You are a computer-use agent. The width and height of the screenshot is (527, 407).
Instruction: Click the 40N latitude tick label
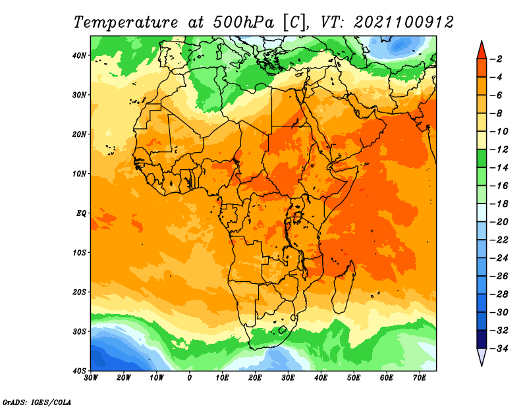coord(79,55)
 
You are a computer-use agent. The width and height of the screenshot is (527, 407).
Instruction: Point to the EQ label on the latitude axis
coord(81,213)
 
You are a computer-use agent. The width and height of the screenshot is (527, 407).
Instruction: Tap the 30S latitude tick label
coord(79,331)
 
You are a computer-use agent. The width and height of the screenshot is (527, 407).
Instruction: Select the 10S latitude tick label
coord(79,252)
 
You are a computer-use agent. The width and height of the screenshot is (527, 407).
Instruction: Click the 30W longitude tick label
coord(91,378)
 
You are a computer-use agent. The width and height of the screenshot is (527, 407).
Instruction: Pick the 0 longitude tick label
coord(190,378)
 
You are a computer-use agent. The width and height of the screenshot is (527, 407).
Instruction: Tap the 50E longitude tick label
coord(354,378)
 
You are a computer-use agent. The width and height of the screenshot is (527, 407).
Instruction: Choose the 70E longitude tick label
coord(420,378)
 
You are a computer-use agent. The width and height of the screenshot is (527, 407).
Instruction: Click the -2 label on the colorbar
coord(496,59)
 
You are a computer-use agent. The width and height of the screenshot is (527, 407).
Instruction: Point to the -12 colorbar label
coord(499,149)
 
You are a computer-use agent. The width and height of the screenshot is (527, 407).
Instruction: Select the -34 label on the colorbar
coord(499,348)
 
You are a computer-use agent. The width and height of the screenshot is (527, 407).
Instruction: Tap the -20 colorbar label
coord(499,222)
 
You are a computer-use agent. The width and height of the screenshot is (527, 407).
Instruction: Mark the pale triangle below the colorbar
coord(482,356)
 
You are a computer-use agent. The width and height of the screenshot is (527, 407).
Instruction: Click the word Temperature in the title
coord(125,23)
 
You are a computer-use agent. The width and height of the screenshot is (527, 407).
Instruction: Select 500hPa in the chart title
coord(243,22)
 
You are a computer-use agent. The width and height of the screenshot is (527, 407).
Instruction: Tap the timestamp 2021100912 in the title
coord(404,22)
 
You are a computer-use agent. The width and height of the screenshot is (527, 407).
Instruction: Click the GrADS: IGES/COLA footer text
coord(37,402)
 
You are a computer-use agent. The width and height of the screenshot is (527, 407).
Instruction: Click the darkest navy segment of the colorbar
coord(482,339)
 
